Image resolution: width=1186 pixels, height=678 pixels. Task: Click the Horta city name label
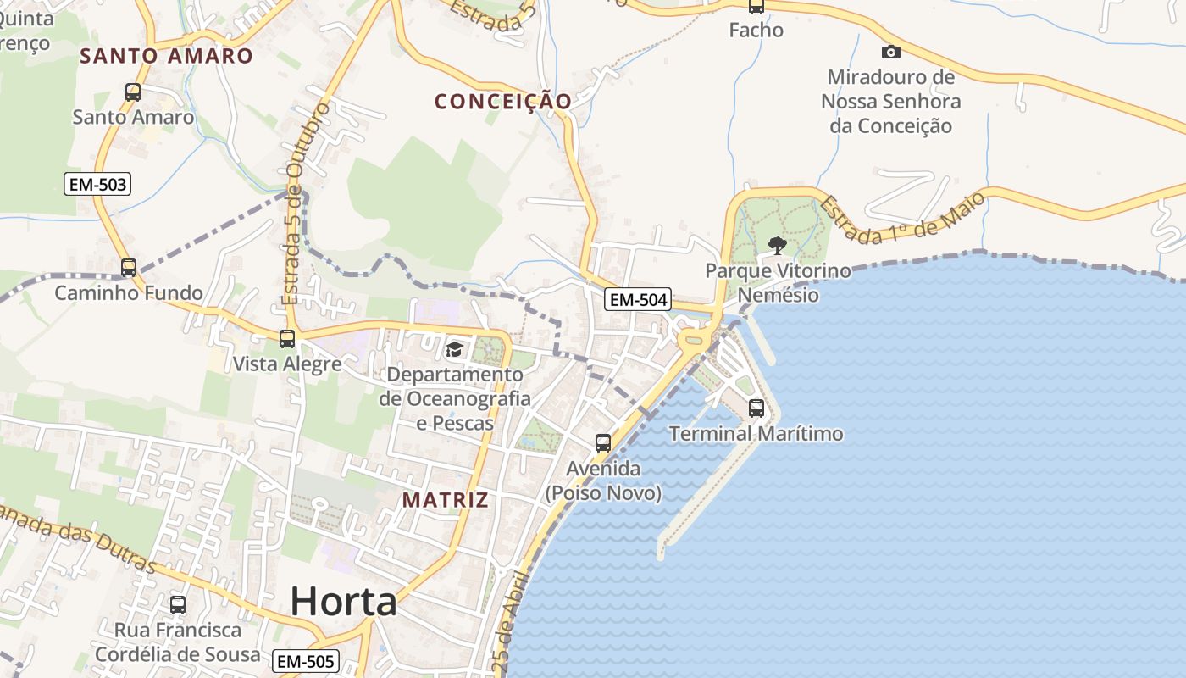343,602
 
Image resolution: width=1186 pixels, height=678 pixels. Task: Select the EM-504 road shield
638,299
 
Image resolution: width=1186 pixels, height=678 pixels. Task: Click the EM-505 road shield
306,661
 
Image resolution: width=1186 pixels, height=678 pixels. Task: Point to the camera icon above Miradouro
890,52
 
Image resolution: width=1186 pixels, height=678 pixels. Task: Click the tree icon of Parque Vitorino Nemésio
777,246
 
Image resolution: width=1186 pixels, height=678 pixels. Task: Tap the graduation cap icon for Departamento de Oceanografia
455,349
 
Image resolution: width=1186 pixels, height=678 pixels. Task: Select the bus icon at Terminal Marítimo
756,408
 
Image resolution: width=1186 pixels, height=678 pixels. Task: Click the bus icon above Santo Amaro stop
133,92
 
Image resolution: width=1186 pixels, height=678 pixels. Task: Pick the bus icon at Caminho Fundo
129,268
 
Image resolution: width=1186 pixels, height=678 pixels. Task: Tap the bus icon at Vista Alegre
287,339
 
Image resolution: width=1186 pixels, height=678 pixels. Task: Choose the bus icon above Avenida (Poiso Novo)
603,442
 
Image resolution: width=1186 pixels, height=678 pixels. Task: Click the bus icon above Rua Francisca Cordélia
178,605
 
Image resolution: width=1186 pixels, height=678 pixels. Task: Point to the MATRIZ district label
446,500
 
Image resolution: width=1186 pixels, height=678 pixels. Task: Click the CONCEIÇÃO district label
503,102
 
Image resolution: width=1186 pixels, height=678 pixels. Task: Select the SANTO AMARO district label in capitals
166,57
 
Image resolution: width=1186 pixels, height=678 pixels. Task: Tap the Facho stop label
756,31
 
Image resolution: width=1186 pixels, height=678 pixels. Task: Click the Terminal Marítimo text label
756,435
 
